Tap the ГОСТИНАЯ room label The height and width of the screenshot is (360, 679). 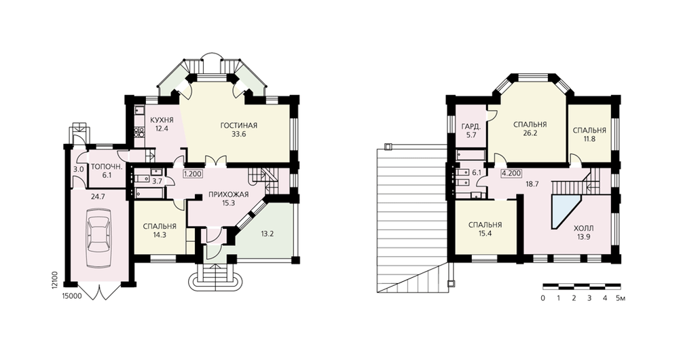(238, 126)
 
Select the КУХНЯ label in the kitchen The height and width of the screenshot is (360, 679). (162, 120)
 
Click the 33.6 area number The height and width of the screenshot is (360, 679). (238, 134)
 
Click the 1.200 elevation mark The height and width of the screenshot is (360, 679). (192, 174)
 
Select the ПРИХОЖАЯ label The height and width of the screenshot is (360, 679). (229, 194)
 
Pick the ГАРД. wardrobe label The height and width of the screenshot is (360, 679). (471, 127)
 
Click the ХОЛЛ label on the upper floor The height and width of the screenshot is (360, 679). (583, 228)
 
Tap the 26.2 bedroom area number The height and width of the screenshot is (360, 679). (530, 133)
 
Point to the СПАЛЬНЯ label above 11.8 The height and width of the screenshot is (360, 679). (589, 130)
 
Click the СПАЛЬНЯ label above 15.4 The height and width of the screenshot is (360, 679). (485, 225)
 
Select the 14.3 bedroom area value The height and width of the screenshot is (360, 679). (160, 235)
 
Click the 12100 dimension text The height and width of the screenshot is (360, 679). (54, 280)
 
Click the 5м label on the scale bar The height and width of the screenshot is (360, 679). (621, 298)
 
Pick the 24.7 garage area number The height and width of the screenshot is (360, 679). (98, 197)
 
